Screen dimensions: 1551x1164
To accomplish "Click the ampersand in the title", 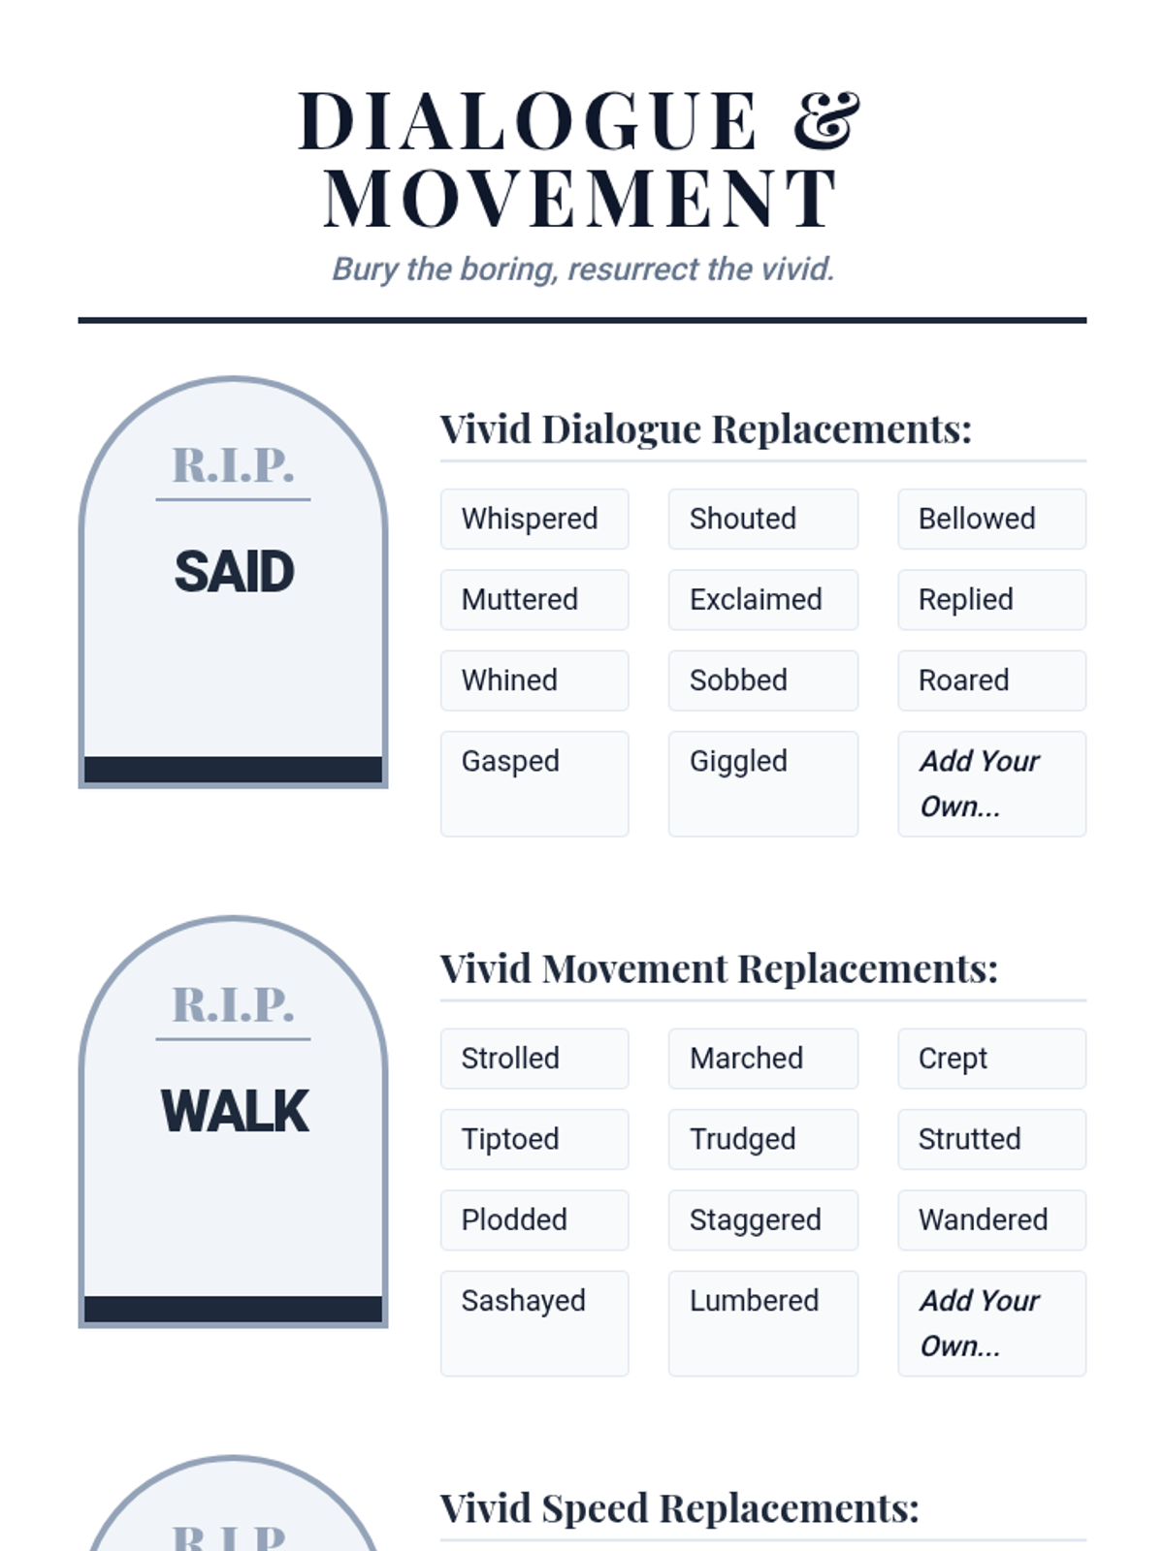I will coord(826,121).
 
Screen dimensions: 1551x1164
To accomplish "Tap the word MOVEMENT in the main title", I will coord(581,199).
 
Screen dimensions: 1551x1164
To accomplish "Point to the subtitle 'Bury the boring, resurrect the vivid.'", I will coord(583,269).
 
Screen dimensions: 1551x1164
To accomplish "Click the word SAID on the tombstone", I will coord(234,571).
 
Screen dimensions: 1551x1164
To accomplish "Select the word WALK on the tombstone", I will coord(234,1111).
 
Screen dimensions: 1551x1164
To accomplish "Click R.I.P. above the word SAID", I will coord(233,465).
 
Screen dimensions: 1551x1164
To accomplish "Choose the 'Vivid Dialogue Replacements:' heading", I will coord(705,429).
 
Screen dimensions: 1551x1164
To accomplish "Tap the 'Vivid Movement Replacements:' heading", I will coord(719,968).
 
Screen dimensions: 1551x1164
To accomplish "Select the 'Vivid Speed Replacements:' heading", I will coord(679,1508).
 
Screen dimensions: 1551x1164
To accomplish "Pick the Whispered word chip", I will coord(534,519).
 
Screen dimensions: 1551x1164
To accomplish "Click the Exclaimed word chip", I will coord(762,599).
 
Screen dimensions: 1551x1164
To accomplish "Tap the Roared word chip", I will coord(991,681).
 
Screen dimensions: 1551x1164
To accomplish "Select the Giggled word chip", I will coord(762,783).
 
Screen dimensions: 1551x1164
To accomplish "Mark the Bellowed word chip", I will coord(991,519).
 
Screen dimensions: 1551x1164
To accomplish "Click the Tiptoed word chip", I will coord(534,1139).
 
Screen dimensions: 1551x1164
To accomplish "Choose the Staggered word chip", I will coord(762,1219).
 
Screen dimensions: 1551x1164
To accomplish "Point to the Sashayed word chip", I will coord(534,1323).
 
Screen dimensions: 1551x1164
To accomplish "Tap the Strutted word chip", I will coord(991,1139).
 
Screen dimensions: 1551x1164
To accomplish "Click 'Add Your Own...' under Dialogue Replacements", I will coord(991,783).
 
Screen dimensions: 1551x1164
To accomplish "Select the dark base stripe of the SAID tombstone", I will coord(233,769).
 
